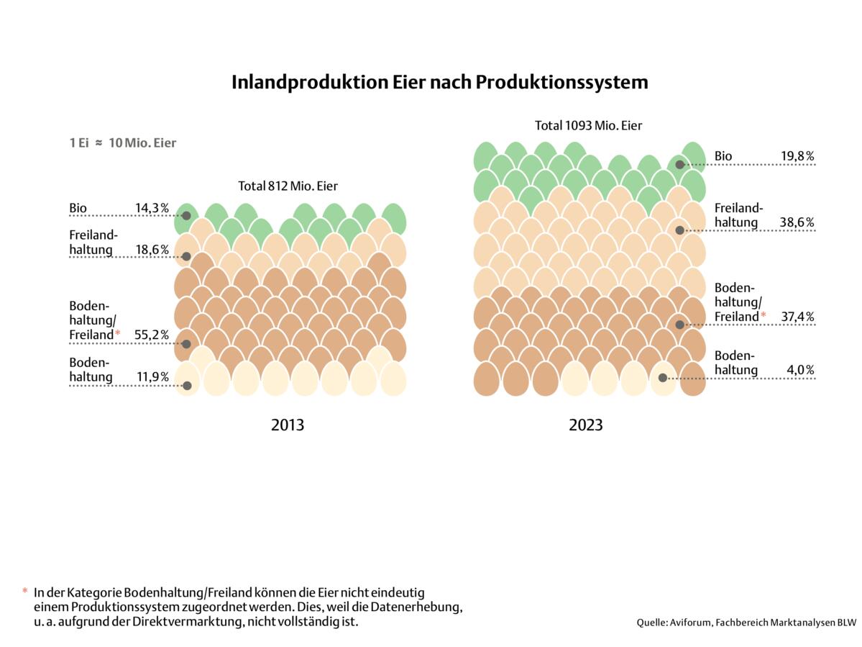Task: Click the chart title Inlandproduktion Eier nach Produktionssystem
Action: [439, 83]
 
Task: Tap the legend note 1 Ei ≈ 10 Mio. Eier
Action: [122, 142]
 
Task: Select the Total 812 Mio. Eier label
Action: [288, 186]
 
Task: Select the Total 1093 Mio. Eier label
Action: [588, 126]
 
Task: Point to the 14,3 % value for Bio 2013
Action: [152, 209]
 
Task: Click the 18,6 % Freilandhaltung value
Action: [152, 250]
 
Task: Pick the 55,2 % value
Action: [152, 335]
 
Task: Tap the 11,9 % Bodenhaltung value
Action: [152, 376]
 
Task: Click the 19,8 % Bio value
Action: [797, 156]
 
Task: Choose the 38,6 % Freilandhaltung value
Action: [797, 222]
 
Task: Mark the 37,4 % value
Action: [797, 317]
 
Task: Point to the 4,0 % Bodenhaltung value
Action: [800, 370]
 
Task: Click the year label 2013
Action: [288, 425]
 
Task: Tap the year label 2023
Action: [586, 425]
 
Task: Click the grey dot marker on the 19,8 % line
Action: [680, 164]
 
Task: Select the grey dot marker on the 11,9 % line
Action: [187, 386]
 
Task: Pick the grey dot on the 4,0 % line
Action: [662, 377]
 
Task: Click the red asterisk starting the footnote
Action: [25, 592]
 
